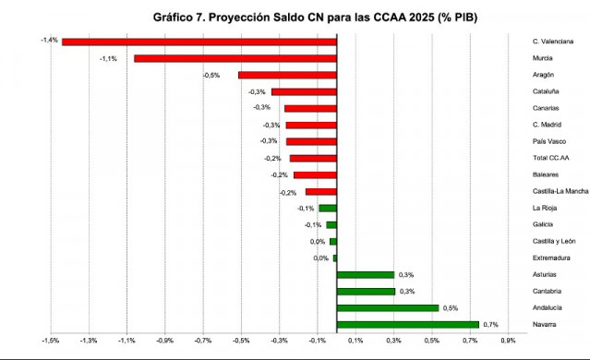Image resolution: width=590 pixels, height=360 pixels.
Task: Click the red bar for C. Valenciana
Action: tap(199, 42)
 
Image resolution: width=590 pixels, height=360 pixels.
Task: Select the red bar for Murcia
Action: tap(235, 58)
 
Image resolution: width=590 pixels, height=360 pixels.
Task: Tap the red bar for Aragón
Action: tap(287, 75)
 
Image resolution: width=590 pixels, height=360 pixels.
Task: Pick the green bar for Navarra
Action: tap(408, 324)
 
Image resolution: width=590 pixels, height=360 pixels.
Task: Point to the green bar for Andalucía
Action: tap(388, 307)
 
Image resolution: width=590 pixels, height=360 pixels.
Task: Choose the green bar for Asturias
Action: tap(366, 274)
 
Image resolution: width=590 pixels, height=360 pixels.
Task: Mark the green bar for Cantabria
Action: tap(366, 291)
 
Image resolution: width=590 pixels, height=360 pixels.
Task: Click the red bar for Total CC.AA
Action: tap(313, 158)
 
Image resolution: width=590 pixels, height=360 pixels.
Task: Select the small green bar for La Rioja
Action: tap(328, 208)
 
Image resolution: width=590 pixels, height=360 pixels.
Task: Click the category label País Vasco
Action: tap(538, 141)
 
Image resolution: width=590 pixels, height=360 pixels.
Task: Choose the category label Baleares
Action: tap(534, 174)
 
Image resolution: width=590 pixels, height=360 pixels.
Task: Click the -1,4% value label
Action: tap(50, 41)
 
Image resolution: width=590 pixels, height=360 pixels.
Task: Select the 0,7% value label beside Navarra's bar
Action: tap(491, 324)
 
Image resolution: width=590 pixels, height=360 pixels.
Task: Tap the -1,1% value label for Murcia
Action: tap(108, 58)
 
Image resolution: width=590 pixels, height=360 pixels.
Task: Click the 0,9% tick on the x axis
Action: tap(507, 341)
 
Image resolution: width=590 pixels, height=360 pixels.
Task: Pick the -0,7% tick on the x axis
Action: tap(203, 341)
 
